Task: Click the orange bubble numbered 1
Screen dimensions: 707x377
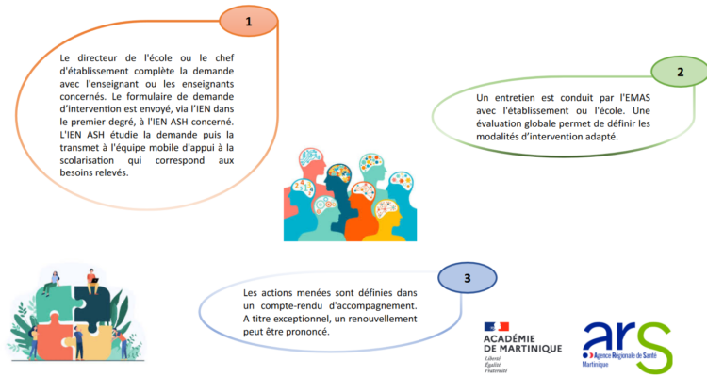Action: point(249,21)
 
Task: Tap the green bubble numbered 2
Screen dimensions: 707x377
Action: point(680,72)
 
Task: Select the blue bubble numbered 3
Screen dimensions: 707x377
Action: point(468,278)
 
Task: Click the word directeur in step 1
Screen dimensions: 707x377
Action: point(97,58)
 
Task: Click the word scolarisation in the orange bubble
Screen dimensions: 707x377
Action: point(87,160)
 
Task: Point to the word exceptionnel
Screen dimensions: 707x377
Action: point(297,319)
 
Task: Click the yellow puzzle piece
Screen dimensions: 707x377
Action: point(93,341)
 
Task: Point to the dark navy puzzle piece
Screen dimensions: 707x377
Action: point(92,305)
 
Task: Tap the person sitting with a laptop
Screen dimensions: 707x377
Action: point(92,281)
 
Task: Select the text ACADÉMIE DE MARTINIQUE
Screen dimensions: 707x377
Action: point(522,344)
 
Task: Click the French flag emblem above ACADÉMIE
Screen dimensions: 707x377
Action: point(497,326)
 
